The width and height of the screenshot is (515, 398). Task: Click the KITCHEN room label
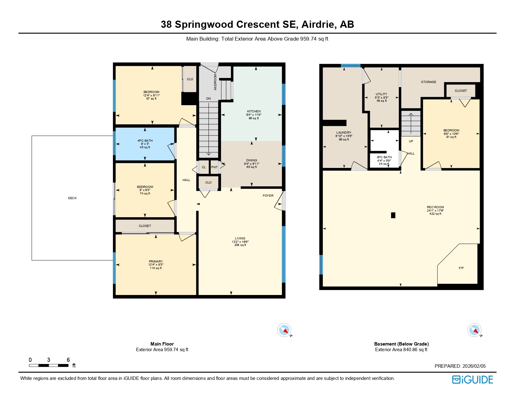pos(254,111)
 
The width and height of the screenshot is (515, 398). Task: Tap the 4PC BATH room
pos(145,144)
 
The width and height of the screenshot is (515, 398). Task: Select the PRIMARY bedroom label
pos(156,262)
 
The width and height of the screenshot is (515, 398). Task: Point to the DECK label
pos(72,198)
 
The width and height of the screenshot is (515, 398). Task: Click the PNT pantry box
pos(214,167)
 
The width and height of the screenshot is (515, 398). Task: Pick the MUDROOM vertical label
pos(215,82)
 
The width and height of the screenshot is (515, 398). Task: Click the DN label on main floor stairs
pos(208,99)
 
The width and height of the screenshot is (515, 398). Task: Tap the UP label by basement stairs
pos(411,141)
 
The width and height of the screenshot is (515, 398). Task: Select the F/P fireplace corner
pos(461,268)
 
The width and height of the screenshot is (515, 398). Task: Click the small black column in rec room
pos(393,215)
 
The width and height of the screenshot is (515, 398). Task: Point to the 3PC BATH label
pos(384,157)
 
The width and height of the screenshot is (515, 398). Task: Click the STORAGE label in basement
pos(429,82)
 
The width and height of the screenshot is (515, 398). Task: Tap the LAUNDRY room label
pos(344,133)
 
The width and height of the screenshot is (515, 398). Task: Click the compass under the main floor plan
pos(284,330)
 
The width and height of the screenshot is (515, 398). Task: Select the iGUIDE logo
pos(473,380)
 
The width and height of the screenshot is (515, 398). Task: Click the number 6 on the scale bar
pos(68,360)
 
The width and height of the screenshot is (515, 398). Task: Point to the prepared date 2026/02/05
pos(474,366)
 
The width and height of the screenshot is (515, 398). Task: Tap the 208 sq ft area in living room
pos(240,245)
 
